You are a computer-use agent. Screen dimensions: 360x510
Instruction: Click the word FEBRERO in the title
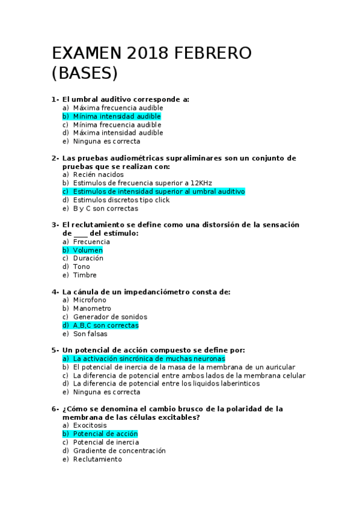(213, 53)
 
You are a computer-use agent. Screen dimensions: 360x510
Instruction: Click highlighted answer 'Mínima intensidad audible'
(117, 116)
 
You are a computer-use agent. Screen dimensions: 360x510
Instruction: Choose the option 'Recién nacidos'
(98, 174)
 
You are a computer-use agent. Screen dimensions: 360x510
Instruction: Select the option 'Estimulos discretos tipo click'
(121, 200)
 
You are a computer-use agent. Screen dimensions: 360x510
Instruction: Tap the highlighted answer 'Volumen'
(88, 250)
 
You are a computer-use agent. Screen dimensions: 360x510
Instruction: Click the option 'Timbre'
(85, 275)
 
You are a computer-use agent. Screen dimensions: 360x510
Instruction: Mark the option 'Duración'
(88, 258)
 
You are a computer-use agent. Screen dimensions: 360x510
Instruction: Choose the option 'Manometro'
(92, 309)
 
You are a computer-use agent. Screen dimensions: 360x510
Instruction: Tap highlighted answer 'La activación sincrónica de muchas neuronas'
(148, 358)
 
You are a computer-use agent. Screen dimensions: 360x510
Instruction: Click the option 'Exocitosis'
(90, 425)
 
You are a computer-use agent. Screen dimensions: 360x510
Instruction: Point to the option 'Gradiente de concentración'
(119, 450)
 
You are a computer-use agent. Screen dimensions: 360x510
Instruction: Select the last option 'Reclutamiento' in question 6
(97, 459)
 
